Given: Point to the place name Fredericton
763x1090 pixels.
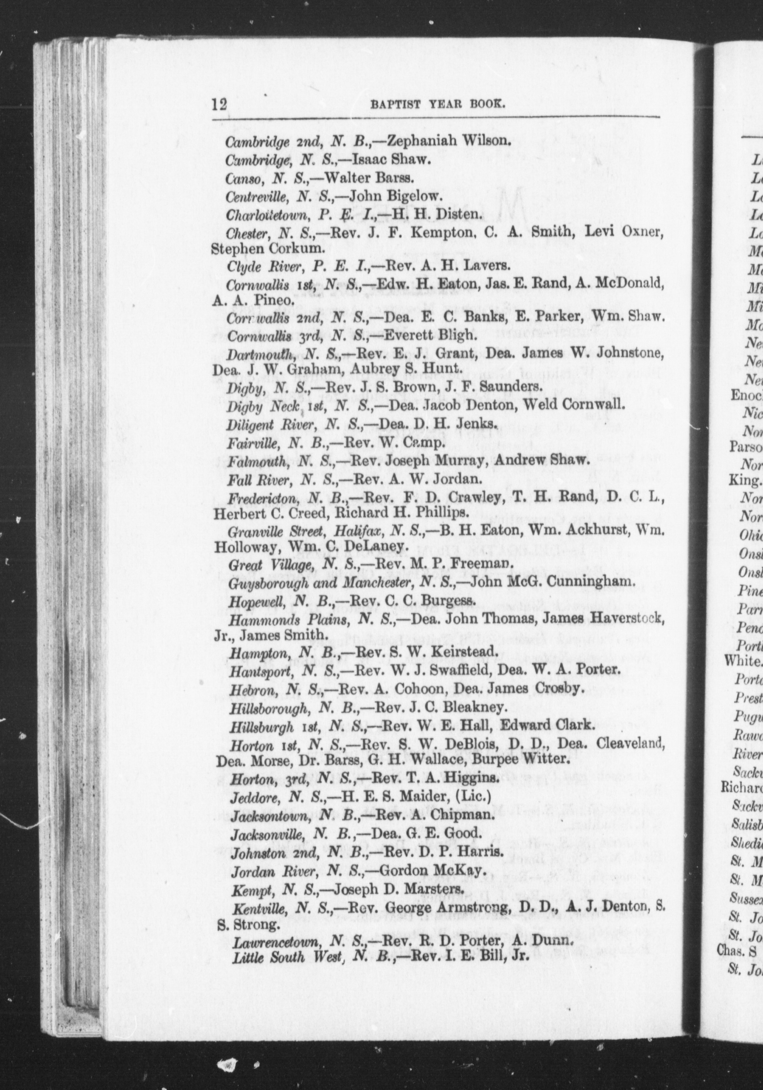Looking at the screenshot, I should (264, 498).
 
